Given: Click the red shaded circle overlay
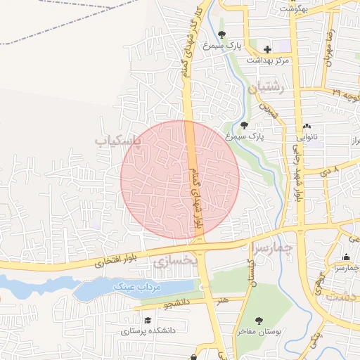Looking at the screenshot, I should coord(180,179).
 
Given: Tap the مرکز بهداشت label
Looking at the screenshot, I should coord(268,61).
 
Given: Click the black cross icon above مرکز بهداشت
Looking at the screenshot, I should coord(267,49).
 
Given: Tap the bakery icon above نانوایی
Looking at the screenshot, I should coord(307,126).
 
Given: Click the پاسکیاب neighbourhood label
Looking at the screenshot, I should coord(118,141).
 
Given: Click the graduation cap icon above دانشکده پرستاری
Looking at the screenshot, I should coord(148,320).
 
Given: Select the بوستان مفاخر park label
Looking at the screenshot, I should coord(259,330).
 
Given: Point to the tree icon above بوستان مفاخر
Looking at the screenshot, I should coord(259,320).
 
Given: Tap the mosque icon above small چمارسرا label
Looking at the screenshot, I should coord(346,257).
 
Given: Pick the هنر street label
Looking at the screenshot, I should coord(223,300).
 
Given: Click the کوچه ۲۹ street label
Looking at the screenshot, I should coord(345,93).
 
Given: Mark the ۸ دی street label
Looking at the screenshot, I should coord(330,170).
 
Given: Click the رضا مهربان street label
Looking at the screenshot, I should coord(328,49).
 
